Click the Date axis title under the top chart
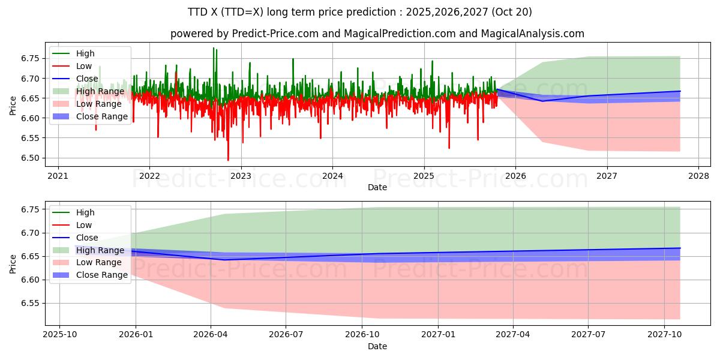click(x=377, y=187)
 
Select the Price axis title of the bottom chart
click(x=13, y=263)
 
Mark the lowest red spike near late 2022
click(x=228, y=160)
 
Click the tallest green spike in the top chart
click(x=213, y=49)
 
